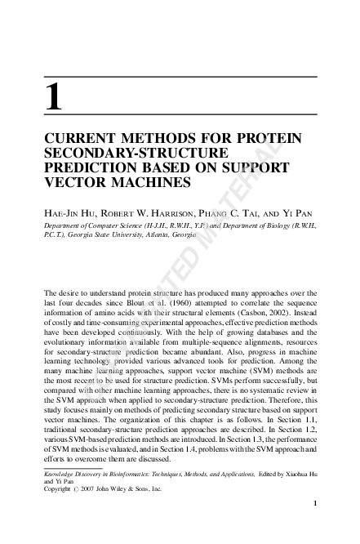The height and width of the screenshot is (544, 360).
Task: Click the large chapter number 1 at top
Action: (53, 97)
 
